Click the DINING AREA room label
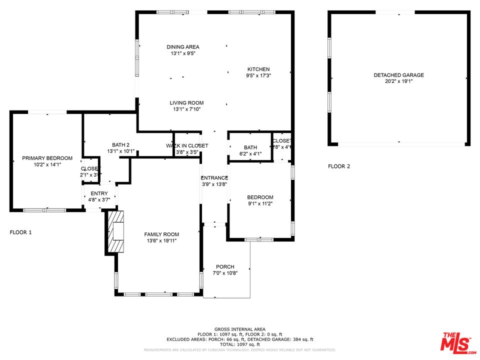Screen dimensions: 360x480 point(183,47)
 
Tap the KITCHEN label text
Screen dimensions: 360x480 point(258,69)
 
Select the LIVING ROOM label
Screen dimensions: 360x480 point(186,103)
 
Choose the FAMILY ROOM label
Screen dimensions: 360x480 point(161,234)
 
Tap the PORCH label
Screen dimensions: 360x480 point(225,267)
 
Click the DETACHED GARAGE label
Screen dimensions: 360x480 point(398,75)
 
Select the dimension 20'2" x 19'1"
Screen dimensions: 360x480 point(398,81)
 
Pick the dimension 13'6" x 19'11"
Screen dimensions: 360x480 point(161,241)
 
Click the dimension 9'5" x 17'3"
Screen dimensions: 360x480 point(258,75)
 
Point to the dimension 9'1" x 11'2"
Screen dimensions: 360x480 point(260,203)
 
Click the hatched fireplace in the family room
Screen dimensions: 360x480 point(116,232)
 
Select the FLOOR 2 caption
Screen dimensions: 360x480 point(339,166)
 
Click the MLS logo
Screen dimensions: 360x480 point(456,341)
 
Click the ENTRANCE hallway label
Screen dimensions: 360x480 point(214,178)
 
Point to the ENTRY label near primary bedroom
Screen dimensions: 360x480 point(99,194)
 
